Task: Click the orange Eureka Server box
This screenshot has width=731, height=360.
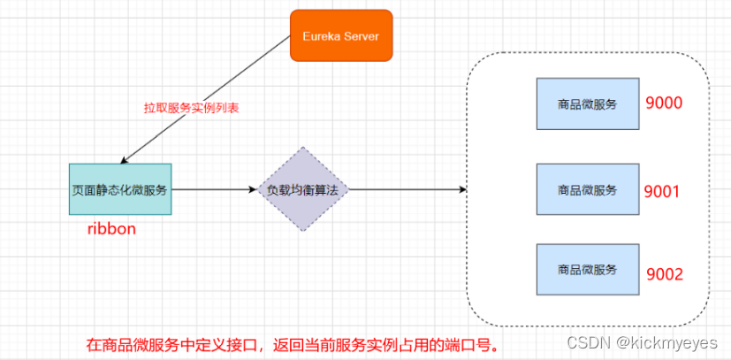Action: (340, 35)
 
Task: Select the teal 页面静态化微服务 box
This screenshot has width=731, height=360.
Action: (120, 189)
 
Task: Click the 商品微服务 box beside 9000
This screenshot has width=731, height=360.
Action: (588, 104)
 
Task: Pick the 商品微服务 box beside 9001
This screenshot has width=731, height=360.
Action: (588, 189)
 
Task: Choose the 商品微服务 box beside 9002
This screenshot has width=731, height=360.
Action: (588, 269)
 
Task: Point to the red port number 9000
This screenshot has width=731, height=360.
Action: (664, 103)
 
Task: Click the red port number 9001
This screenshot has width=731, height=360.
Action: (662, 190)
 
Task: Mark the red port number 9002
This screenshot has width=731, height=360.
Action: (664, 273)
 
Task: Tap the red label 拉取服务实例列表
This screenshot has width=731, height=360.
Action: (192, 107)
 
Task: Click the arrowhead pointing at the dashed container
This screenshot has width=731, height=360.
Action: (461, 189)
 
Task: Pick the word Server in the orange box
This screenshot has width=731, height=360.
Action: (362, 35)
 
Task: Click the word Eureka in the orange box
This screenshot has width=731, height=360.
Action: (322, 35)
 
